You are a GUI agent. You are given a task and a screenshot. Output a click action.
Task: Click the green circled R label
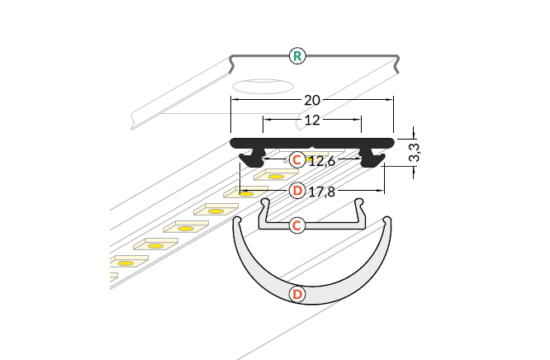297,56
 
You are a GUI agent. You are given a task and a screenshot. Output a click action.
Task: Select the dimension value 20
311,100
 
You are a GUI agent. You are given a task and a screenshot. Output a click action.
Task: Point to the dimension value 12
311,120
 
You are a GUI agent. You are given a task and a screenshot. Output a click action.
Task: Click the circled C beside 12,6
297,159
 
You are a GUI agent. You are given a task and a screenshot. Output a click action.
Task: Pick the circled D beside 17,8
297,191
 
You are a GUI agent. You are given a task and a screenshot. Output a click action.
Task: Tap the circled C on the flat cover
298,225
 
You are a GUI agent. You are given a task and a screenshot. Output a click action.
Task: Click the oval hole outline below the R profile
262,86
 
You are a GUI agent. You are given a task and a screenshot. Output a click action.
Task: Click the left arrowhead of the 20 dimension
234,100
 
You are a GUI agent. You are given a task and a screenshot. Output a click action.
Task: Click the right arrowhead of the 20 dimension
389,100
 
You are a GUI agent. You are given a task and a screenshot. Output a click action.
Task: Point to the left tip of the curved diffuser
236,220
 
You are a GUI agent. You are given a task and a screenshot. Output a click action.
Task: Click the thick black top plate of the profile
311,142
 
